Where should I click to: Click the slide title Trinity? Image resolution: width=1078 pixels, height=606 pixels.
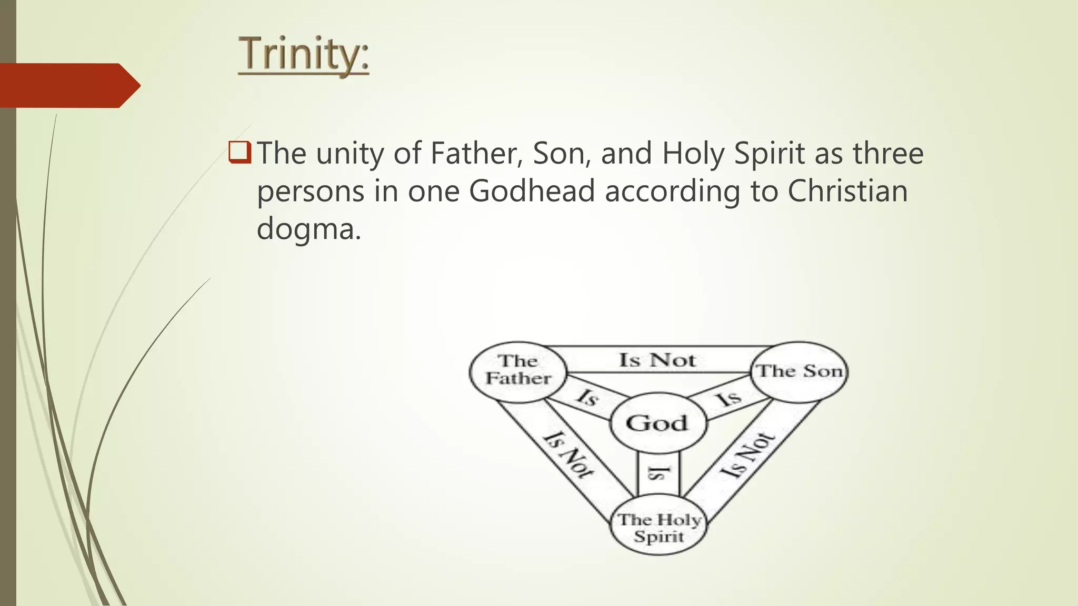[304, 54]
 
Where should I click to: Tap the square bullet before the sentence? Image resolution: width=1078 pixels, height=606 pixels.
[239, 153]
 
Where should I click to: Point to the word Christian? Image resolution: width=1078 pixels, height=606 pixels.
[847, 191]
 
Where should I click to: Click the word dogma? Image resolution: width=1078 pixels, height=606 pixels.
[308, 229]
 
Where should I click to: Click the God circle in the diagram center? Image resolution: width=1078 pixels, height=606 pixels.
[657, 423]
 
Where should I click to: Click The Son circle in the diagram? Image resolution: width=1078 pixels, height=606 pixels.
[800, 371]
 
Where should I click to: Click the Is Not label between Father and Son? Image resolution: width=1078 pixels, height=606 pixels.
[657, 360]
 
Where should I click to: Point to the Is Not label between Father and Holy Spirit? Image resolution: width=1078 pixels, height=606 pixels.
[568, 454]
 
